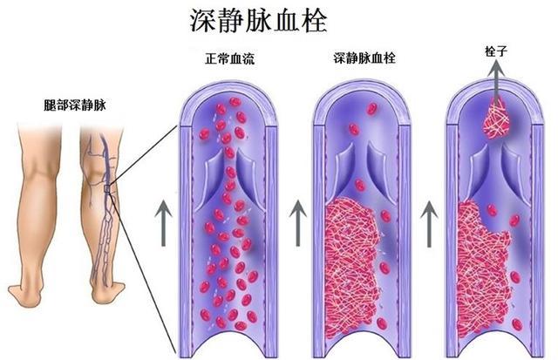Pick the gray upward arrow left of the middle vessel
coord(296,222)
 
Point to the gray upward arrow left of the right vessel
coord(430,222)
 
